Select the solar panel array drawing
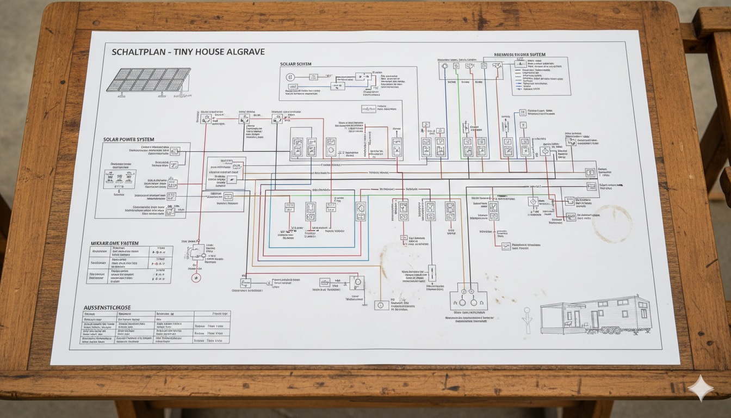tap(148, 80)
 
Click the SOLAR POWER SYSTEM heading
tap(128, 140)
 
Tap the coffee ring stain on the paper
tap(612, 224)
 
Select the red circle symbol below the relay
tap(196, 278)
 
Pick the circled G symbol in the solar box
tap(290, 77)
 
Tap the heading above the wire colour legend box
tap(519, 55)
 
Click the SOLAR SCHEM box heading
tap(296, 64)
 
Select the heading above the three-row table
tap(114, 243)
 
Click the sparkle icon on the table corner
tap(701, 388)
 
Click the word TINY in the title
tap(188, 52)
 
